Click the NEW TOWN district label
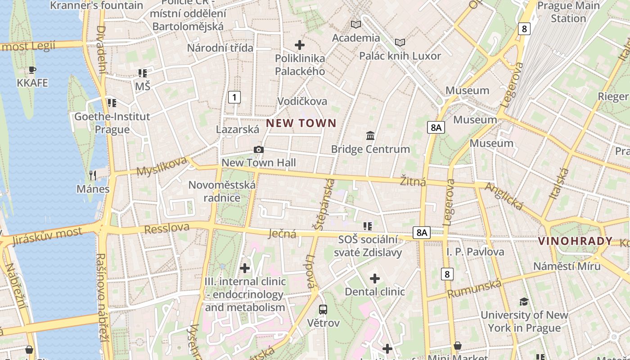301,123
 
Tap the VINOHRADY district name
576,241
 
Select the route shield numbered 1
234,97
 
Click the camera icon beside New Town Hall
258,149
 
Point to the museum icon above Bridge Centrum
370,135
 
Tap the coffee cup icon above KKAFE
32,70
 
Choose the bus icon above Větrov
323,309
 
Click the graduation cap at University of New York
524,301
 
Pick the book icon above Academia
356,24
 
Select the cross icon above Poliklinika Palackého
299,45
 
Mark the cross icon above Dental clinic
374,279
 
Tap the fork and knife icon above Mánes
93,175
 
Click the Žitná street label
413,182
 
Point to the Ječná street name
282,233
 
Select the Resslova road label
167,228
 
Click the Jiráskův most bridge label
48,236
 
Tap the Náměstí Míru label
567,265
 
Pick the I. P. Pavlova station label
475,252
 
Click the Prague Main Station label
568,12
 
